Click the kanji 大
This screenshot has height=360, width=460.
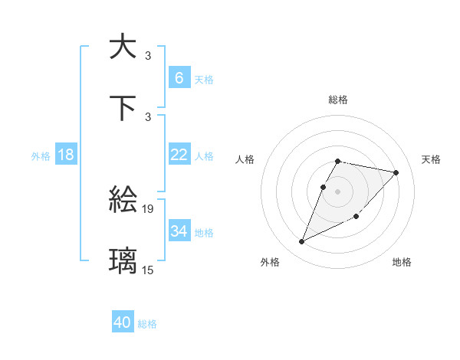123,46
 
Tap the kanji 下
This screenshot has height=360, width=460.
123,107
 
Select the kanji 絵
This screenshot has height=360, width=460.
123,201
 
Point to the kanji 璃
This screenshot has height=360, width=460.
123,260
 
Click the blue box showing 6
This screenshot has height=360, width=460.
179,77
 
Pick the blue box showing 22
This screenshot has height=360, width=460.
179,155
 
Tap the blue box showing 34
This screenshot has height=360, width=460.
179,231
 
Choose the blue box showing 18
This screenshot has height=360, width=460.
66,155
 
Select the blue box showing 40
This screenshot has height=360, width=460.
123,322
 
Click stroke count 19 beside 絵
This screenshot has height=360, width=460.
148,208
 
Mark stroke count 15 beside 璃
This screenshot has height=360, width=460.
148,270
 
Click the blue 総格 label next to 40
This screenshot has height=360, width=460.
147,324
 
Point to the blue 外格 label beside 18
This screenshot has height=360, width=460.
41,155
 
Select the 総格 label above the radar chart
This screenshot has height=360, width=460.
338,100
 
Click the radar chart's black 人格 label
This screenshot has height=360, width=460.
245,159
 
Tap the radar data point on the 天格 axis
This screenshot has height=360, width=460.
396,172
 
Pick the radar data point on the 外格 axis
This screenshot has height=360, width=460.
301,242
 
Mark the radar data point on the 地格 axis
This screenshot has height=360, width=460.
356,216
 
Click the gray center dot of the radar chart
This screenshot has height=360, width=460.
338,191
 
